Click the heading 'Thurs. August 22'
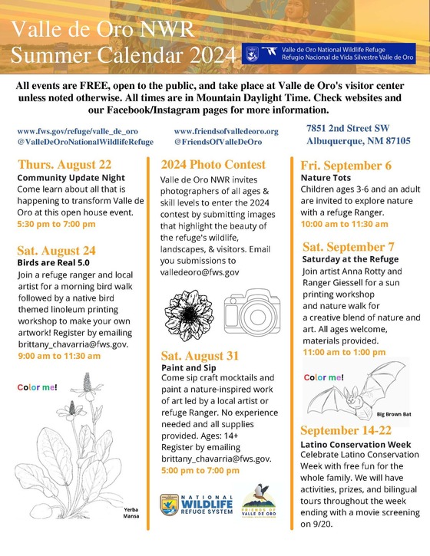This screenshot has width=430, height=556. pos(64,165)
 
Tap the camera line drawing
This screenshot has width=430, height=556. pos(252,311)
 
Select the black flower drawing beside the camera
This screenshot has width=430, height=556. pos(189,315)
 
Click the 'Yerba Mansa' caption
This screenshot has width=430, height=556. pos(131,513)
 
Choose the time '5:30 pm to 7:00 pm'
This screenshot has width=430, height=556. pos(57,224)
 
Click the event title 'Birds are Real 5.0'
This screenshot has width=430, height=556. pos(53,263)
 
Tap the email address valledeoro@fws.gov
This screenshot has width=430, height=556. pos(200,272)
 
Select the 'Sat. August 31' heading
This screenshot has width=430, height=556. pos(200,356)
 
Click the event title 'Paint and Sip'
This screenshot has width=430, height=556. pos(189,367)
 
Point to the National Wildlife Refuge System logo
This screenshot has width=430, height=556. pos(197,505)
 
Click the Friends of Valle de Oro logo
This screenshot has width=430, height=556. pos(259,501)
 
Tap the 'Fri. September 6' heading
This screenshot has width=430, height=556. pos(346,166)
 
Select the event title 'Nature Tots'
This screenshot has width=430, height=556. pos(326,178)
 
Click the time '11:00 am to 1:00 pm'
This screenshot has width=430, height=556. pos(344,352)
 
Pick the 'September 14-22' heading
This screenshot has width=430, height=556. pos(346,430)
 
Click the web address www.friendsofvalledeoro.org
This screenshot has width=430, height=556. pos(227,131)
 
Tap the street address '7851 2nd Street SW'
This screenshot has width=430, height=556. pos(348,128)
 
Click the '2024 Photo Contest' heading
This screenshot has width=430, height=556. pos(213,165)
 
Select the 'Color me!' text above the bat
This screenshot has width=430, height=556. pos(324,377)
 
